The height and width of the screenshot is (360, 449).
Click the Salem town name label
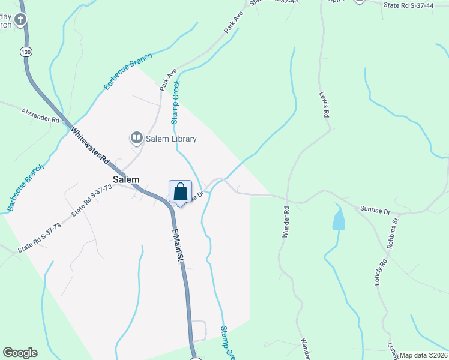click(x=126, y=179)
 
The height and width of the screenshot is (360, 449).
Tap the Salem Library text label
click(x=170, y=139)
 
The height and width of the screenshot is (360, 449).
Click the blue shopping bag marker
click(x=180, y=193)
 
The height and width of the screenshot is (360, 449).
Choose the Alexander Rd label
click(x=40, y=115)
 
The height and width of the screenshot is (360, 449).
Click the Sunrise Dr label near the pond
click(x=375, y=211)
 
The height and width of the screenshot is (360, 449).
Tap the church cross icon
click(x=20, y=20)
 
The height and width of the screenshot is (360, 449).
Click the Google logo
click(x=20, y=353)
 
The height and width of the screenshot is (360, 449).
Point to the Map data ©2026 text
click(x=423, y=355)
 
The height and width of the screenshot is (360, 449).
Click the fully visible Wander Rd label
click(x=286, y=222)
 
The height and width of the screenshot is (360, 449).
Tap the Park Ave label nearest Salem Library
click(x=169, y=79)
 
